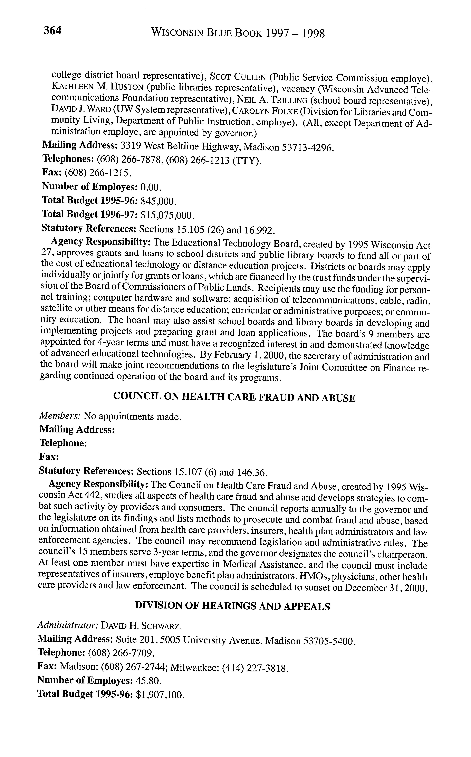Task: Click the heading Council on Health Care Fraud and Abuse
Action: point(234,397)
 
